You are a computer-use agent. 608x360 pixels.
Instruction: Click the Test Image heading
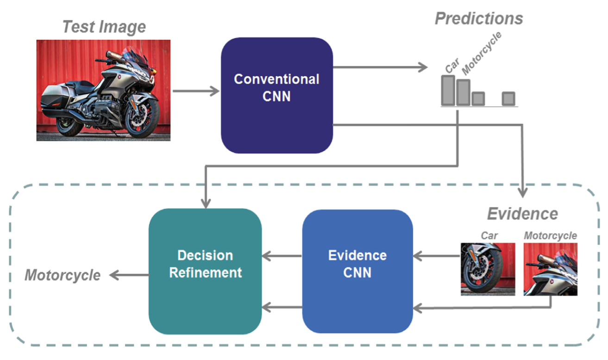click(x=104, y=27)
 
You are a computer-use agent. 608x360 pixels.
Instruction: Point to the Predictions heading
click(x=479, y=19)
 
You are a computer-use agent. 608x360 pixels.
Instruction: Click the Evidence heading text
click(x=522, y=213)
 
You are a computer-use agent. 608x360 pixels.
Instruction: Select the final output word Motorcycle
click(x=62, y=275)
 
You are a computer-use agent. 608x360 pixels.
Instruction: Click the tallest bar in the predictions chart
click(x=448, y=90)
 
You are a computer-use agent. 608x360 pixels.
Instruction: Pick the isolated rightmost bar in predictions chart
click(x=508, y=99)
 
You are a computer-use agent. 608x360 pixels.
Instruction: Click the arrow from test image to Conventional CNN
click(x=195, y=91)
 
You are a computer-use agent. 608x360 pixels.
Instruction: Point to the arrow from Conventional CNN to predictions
click(x=380, y=68)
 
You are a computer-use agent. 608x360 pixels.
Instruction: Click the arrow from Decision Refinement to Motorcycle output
click(x=128, y=275)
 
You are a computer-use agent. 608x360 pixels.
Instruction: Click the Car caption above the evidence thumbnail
click(x=489, y=236)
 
